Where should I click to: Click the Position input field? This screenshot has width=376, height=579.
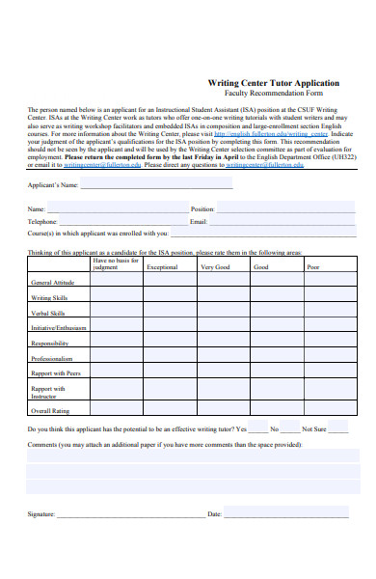click(286, 208)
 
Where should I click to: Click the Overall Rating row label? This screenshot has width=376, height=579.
click(49, 409)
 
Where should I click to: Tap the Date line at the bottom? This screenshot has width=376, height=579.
click(289, 515)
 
